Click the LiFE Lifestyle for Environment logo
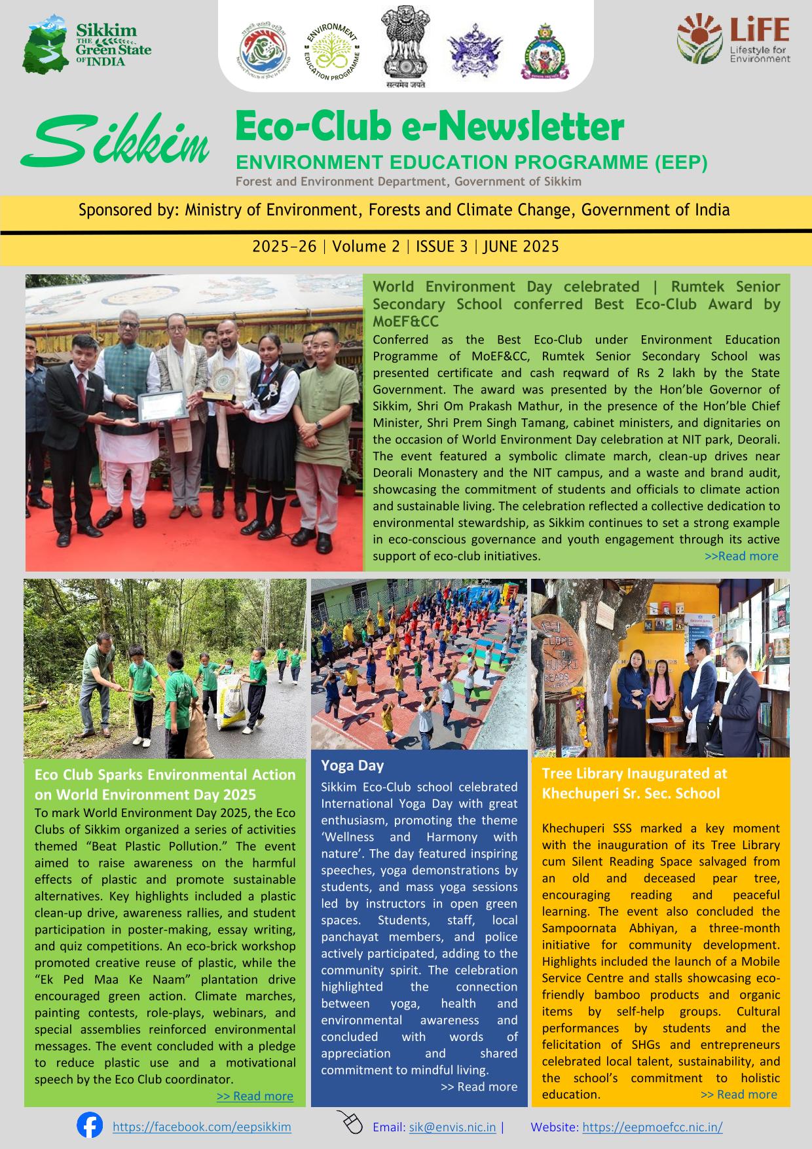click(733, 41)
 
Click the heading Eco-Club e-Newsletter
click(429, 128)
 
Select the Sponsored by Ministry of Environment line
click(404, 210)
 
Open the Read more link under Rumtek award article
click(741, 556)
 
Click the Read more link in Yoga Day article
click(479, 1087)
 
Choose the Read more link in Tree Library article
click(739, 1094)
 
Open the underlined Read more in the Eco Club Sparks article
click(255, 1096)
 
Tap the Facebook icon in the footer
click(90, 1125)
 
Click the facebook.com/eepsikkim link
click(202, 1127)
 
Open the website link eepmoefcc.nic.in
click(652, 1127)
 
